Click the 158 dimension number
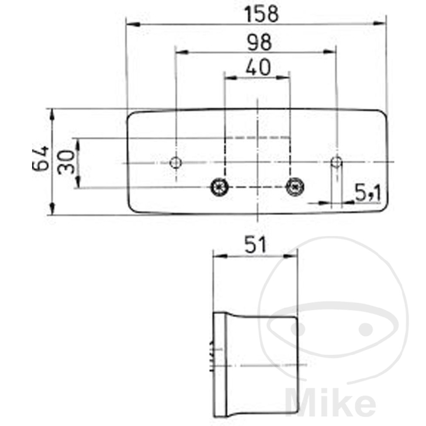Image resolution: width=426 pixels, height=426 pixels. (262, 14)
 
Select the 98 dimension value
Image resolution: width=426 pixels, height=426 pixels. (259, 42)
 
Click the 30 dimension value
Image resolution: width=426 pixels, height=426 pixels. (66, 162)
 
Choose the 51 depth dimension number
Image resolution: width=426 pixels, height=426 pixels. (255, 245)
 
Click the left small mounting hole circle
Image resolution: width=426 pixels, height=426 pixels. (176, 163)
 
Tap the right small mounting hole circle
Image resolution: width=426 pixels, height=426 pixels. (337, 163)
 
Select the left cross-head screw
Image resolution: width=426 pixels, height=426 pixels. (220, 187)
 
